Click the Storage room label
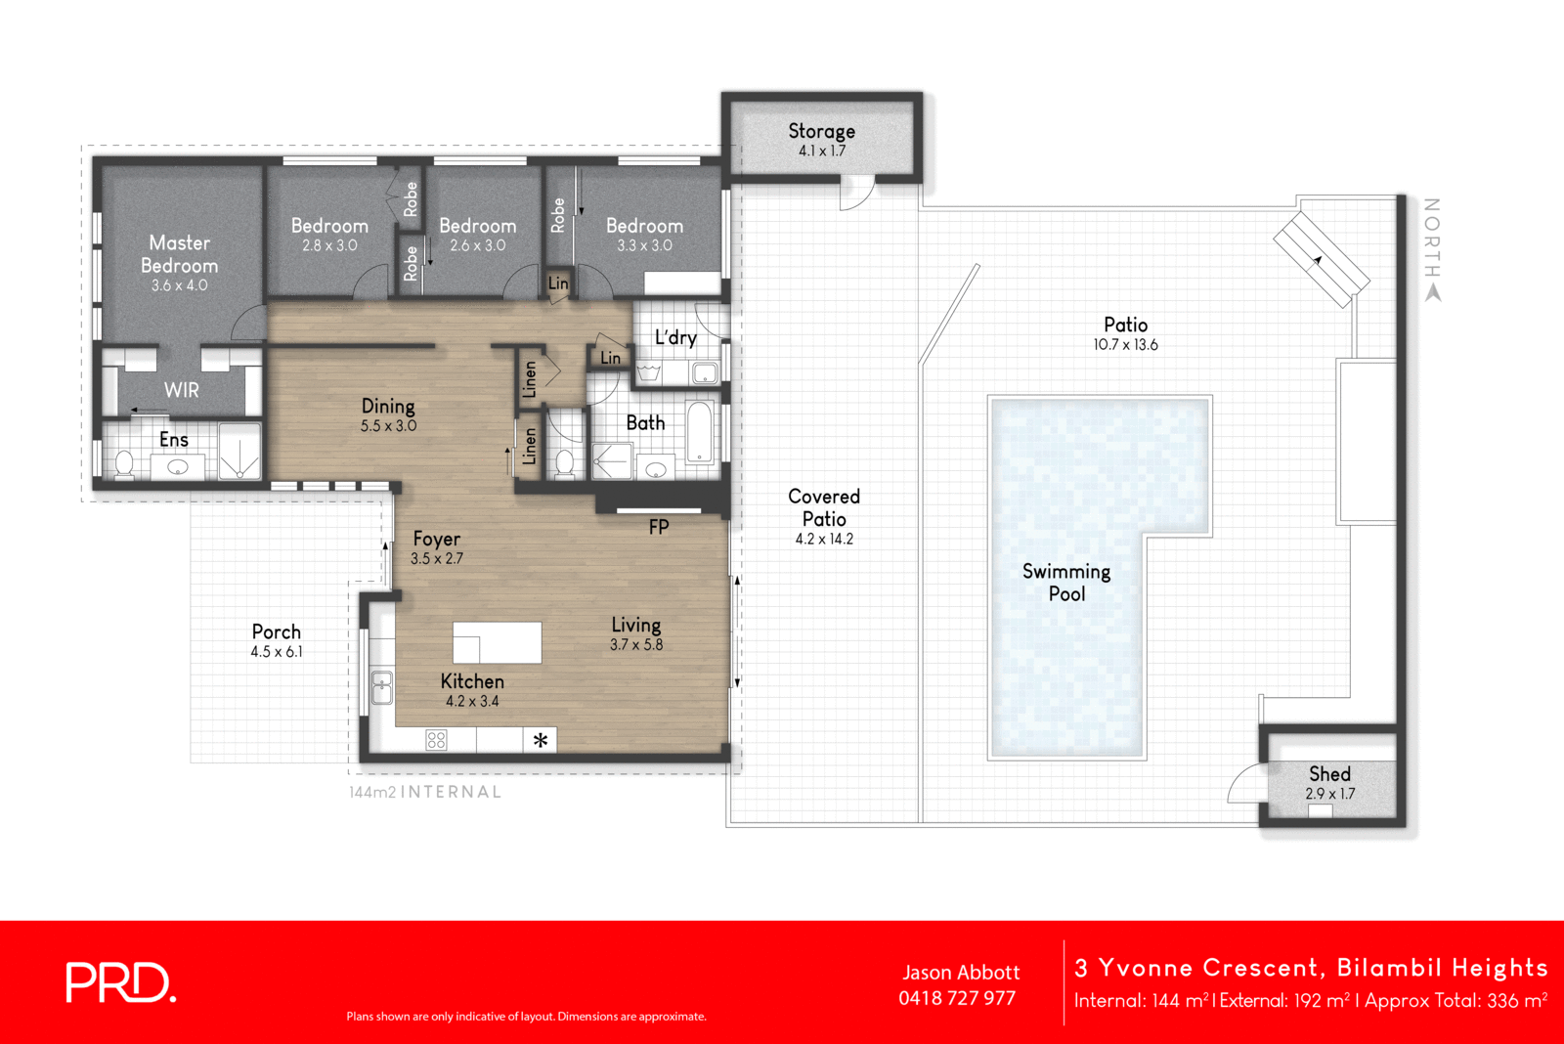pyautogui.click(x=821, y=131)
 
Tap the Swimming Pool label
pyautogui.click(x=1066, y=583)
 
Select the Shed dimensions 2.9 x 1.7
pyautogui.click(x=1329, y=794)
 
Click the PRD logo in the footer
pyautogui.click(x=120, y=982)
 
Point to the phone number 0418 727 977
pyautogui.click(x=957, y=998)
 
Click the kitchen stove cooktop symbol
pyautogui.click(x=436, y=740)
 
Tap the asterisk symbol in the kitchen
pyautogui.click(x=541, y=741)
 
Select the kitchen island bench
pyautogui.click(x=497, y=642)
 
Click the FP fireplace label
pyautogui.click(x=659, y=527)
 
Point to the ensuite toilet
pyautogui.click(x=124, y=463)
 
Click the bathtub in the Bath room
pyautogui.click(x=700, y=431)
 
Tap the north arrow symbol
pyautogui.click(x=1433, y=292)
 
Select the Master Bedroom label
pyautogui.click(x=180, y=254)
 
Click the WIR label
pyautogui.click(x=182, y=390)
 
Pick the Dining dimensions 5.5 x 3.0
pyautogui.click(x=388, y=426)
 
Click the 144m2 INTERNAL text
pyautogui.click(x=425, y=792)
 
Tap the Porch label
pyautogui.click(x=277, y=631)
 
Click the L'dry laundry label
pyautogui.click(x=675, y=337)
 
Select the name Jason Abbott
pyautogui.click(x=961, y=973)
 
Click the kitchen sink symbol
pyautogui.click(x=381, y=688)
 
